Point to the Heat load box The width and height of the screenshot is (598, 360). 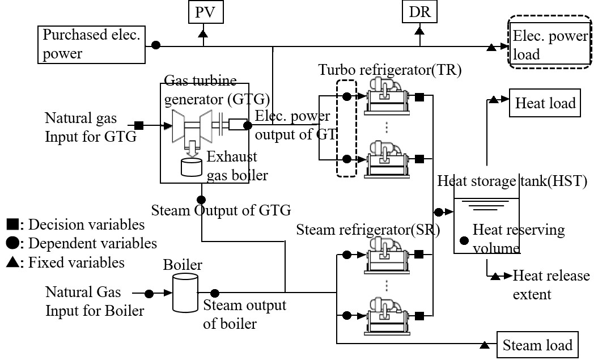(x=545, y=103)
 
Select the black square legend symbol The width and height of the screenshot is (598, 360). (x=11, y=225)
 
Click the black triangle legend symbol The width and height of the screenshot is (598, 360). (x=11, y=262)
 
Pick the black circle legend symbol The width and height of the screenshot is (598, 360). (x=11, y=244)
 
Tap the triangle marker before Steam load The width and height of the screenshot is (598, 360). (x=485, y=345)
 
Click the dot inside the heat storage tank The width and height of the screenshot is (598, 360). (x=464, y=240)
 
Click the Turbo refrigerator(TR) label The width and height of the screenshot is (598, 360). (x=390, y=70)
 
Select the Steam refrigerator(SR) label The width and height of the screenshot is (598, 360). (x=368, y=230)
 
